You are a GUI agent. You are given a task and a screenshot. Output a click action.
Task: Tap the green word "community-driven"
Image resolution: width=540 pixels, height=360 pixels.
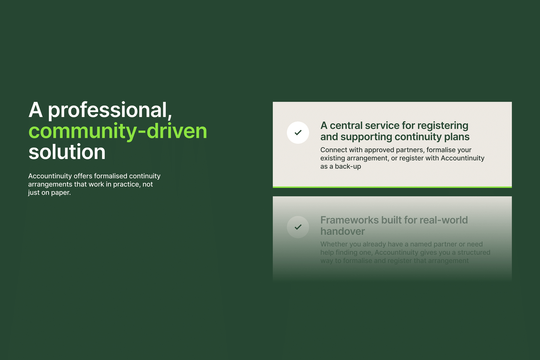118,131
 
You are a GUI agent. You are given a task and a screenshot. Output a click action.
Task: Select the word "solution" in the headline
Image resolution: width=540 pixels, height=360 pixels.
67,152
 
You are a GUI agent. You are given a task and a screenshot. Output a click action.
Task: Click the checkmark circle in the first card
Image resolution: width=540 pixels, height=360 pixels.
298,133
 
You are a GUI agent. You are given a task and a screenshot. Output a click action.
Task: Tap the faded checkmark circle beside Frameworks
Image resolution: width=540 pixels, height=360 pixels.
298,227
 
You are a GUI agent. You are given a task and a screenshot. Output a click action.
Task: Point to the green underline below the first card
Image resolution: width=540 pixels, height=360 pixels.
392,187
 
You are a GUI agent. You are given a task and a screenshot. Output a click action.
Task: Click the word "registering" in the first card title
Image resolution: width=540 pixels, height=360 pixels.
442,126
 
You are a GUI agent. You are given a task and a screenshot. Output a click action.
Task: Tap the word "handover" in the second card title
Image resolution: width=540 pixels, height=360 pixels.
343,231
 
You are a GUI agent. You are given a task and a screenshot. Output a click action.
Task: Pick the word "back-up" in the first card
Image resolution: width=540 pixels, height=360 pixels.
348,167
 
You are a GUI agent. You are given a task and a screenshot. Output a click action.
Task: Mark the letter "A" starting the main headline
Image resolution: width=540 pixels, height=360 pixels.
36,110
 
